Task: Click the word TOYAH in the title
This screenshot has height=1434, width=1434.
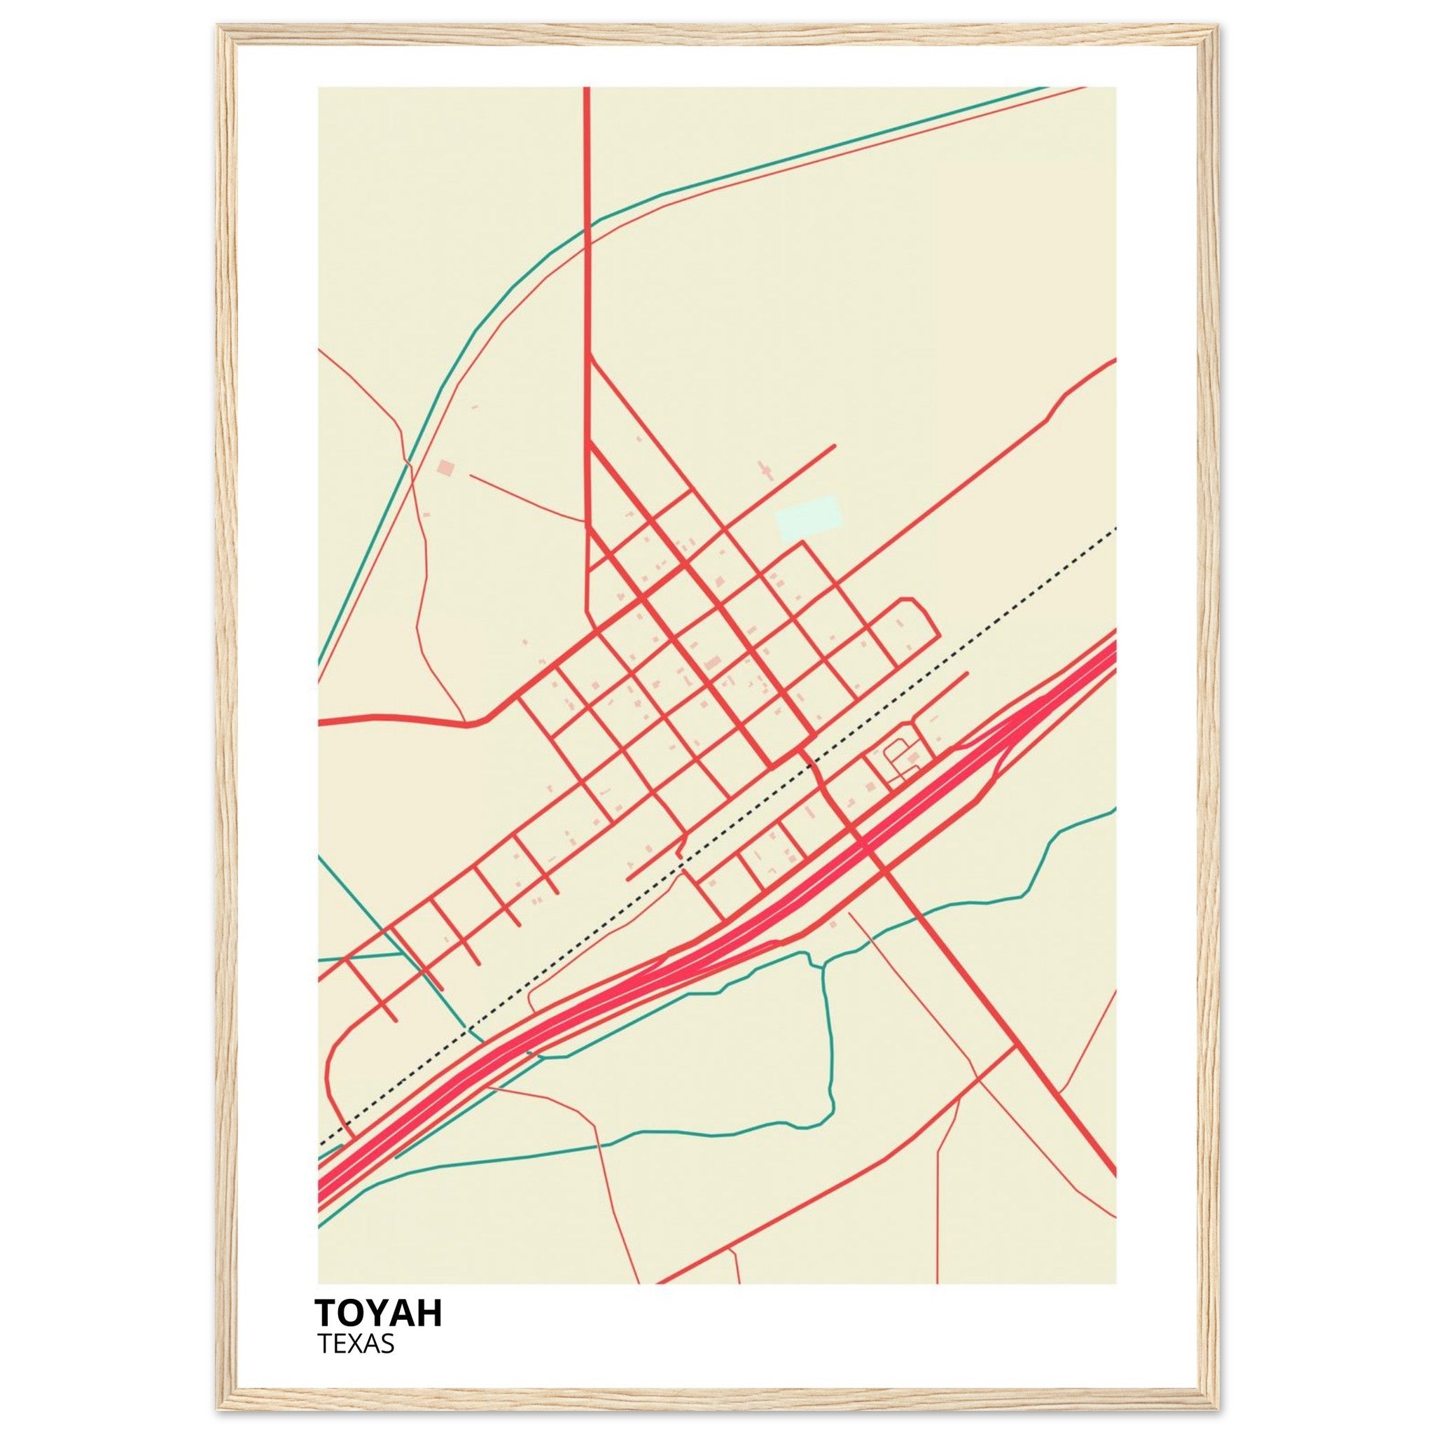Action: tap(379, 1312)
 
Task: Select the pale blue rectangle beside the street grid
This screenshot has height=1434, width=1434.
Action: tap(808, 517)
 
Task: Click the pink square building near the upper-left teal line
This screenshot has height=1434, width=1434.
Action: tap(445, 467)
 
